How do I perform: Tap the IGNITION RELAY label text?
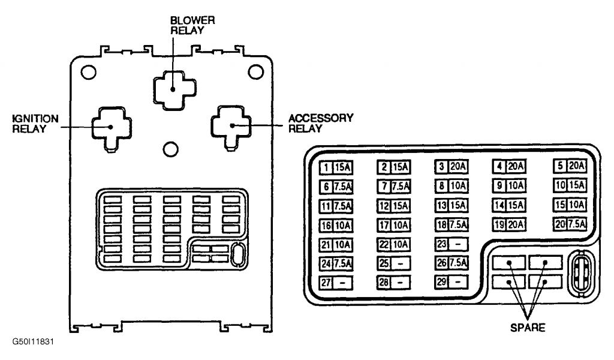(x=37, y=123)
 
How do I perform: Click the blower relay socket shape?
(x=173, y=88)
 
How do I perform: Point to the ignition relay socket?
(x=111, y=127)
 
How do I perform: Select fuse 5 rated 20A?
(x=570, y=166)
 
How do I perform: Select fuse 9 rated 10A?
(x=510, y=185)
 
